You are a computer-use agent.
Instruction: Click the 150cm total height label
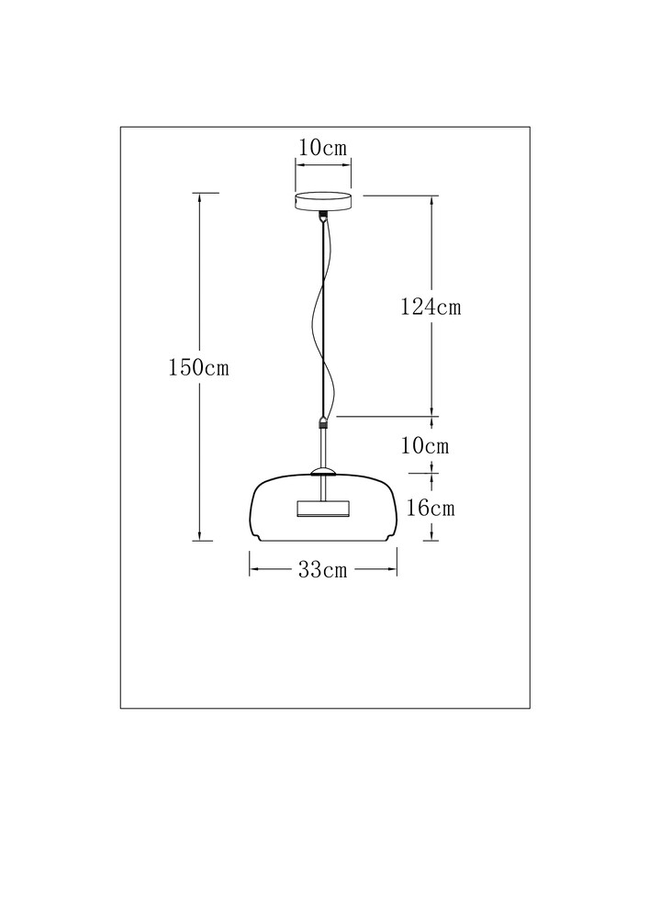[x=198, y=368]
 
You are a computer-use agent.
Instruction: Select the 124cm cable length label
[x=431, y=307]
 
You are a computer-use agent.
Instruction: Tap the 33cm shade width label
[x=323, y=569]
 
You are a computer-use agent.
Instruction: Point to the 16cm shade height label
[x=431, y=508]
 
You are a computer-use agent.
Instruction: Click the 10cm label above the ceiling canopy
[x=323, y=148]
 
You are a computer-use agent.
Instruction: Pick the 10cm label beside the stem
[x=425, y=446]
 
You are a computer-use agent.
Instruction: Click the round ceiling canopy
[x=323, y=202]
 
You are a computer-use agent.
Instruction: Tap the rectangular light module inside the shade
[x=323, y=509]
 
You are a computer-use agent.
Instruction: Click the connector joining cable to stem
[x=322, y=422]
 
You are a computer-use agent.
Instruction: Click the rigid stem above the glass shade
[x=323, y=449]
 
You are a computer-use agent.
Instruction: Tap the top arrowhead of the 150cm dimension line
[x=200, y=198]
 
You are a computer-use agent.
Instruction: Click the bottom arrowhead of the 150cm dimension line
[x=200, y=535]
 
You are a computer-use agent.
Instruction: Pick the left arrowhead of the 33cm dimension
[x=255, y=568]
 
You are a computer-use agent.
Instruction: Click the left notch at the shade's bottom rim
[x=255, y=537]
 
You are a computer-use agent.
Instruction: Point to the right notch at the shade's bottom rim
[x=391, y=537]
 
